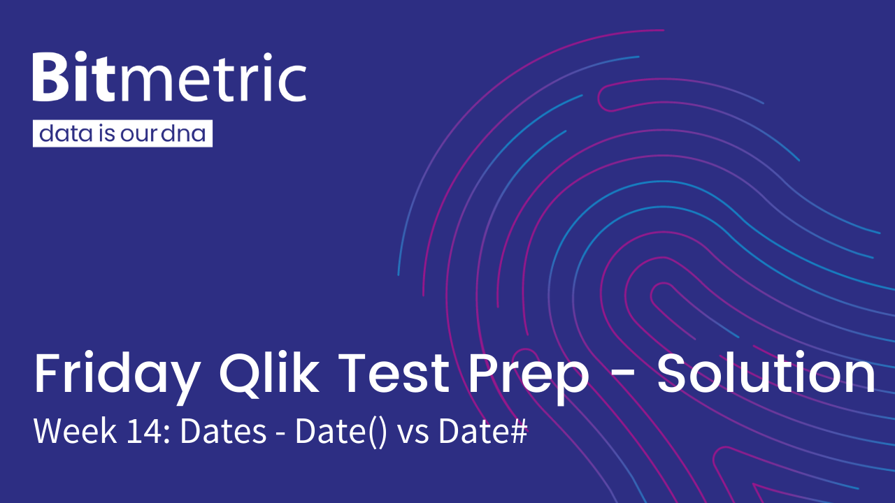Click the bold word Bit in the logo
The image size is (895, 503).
pos(74,76)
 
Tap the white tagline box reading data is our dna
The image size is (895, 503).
pos(122,133)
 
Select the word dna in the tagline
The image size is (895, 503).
pos(184,133)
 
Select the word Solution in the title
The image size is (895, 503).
pos(767,373)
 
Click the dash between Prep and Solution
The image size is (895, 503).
pos(623,376)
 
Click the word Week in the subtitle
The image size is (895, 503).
pos(75,431)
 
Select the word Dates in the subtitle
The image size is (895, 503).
pos(223,431)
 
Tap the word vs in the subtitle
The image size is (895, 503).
pos(413,435)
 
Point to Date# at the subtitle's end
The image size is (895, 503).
pos(483,431)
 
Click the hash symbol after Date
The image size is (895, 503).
pos(519,431)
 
